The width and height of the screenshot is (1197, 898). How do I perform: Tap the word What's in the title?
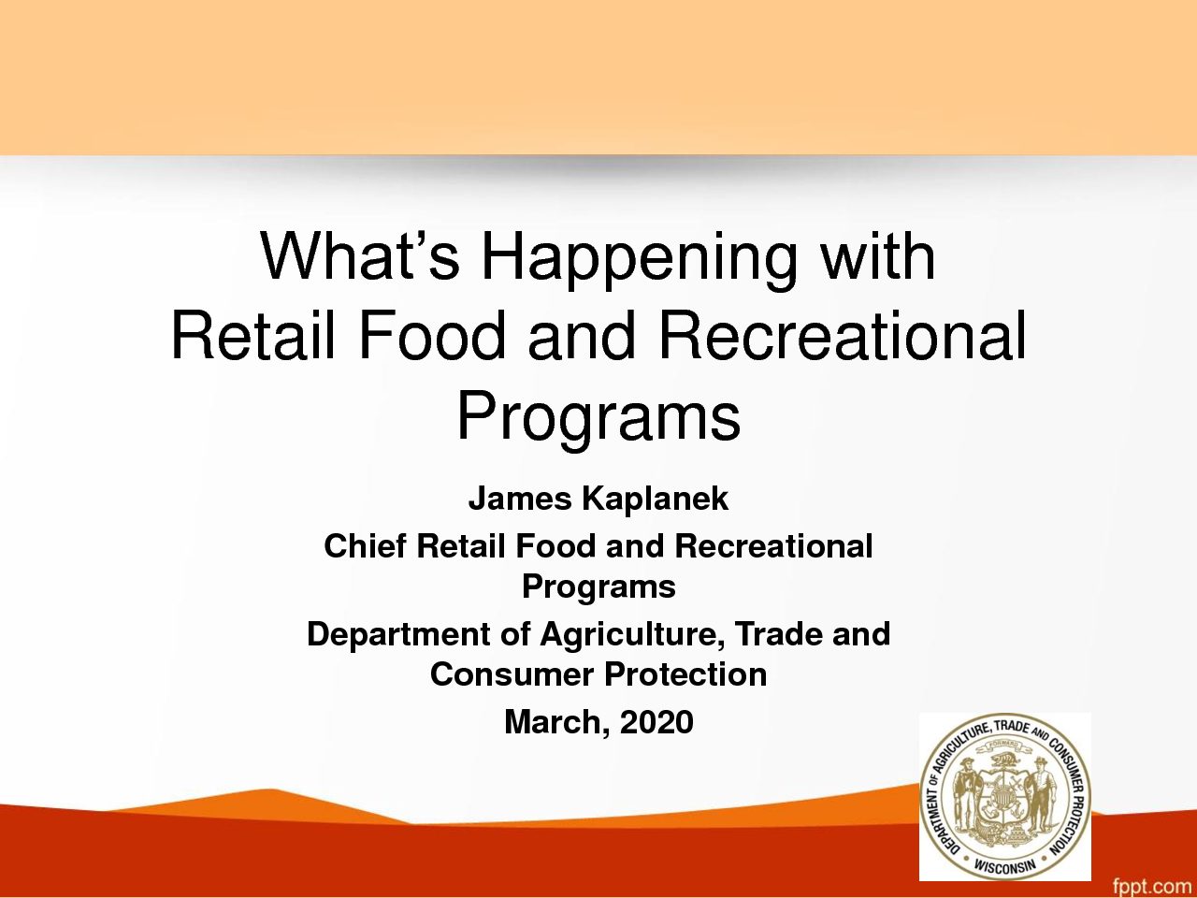point(360,255)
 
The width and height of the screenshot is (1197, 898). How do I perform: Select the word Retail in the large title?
point(252,335)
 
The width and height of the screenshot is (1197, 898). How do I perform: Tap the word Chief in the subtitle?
point(365,545)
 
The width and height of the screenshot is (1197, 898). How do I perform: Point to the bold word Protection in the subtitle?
point(685,674)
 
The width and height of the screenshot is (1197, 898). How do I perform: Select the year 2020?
point(656,722)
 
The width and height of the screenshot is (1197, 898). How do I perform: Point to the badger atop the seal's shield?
point(1005,760)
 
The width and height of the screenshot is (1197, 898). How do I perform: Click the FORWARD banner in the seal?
point(1005,745)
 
